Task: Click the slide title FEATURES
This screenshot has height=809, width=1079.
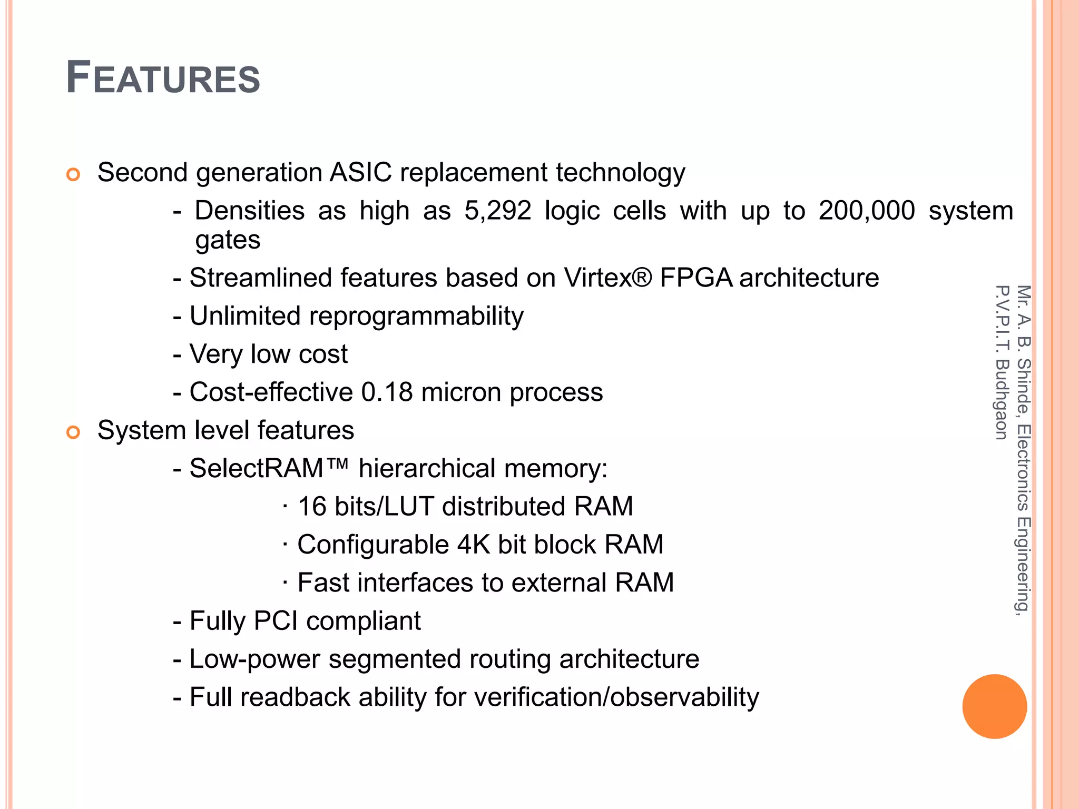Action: [163, 78]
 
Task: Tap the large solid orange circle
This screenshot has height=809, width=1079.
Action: [994, 706]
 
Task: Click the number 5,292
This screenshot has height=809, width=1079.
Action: [497, 211]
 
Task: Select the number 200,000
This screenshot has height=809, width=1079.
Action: [867, 211]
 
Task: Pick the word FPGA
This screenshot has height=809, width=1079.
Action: [695, 278]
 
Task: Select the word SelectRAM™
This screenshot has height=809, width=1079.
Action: [269, 468]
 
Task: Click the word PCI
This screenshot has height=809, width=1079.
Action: [276, 620]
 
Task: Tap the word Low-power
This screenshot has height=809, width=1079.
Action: [254, 659]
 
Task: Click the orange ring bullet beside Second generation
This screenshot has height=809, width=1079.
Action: [73, 174]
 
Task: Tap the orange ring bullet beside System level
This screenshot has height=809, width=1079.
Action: [73, 432]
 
